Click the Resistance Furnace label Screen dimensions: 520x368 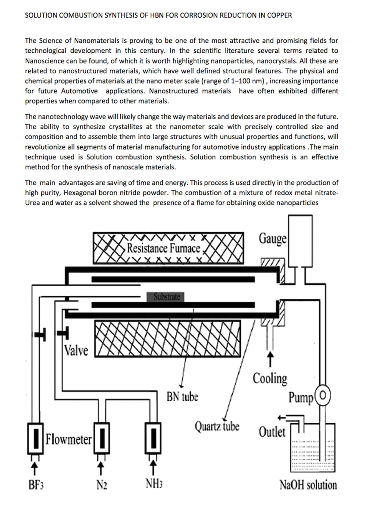point(163,248)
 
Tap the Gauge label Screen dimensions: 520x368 point(272,238)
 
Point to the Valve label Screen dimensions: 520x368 point(76,350)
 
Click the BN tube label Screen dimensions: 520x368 point(182,397)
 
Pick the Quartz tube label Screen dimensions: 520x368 point(217,426)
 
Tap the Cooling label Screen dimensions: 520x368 point(270,378)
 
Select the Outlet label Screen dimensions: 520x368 point(272,432)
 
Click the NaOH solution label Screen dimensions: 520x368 point(308,485)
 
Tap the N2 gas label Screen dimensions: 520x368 point(102,485)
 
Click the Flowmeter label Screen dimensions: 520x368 point(68,439)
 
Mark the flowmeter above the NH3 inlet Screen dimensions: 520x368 point(153,438)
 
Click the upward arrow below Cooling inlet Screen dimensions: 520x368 point(270,359)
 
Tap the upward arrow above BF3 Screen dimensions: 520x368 point(34,469)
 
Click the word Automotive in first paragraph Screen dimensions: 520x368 point(79,91)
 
